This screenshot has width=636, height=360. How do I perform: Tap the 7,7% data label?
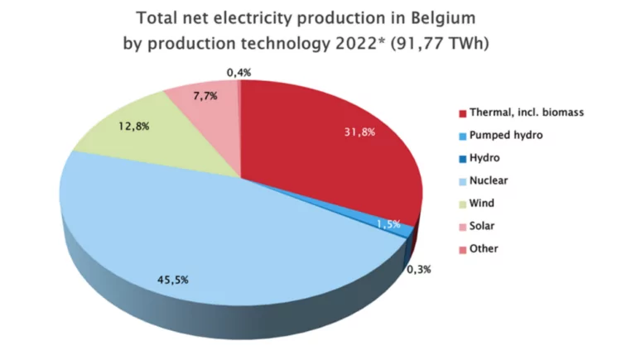click(x=205, y=96)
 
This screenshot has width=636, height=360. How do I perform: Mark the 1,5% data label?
click(x=388, y=223)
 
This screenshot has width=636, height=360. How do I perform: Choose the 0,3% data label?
click(x=418, y=269)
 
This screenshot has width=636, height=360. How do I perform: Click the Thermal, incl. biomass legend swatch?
click(x=462, y=113)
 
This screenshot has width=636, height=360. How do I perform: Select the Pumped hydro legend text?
click(x=506, y=135)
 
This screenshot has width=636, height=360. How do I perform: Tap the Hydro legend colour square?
click(x=462, y=157)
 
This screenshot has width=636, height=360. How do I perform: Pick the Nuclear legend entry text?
click(x=489, y=180)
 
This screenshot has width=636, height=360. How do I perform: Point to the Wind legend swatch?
click(x=462, y=203)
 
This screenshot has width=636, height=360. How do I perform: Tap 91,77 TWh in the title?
click(x=439, y=43)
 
